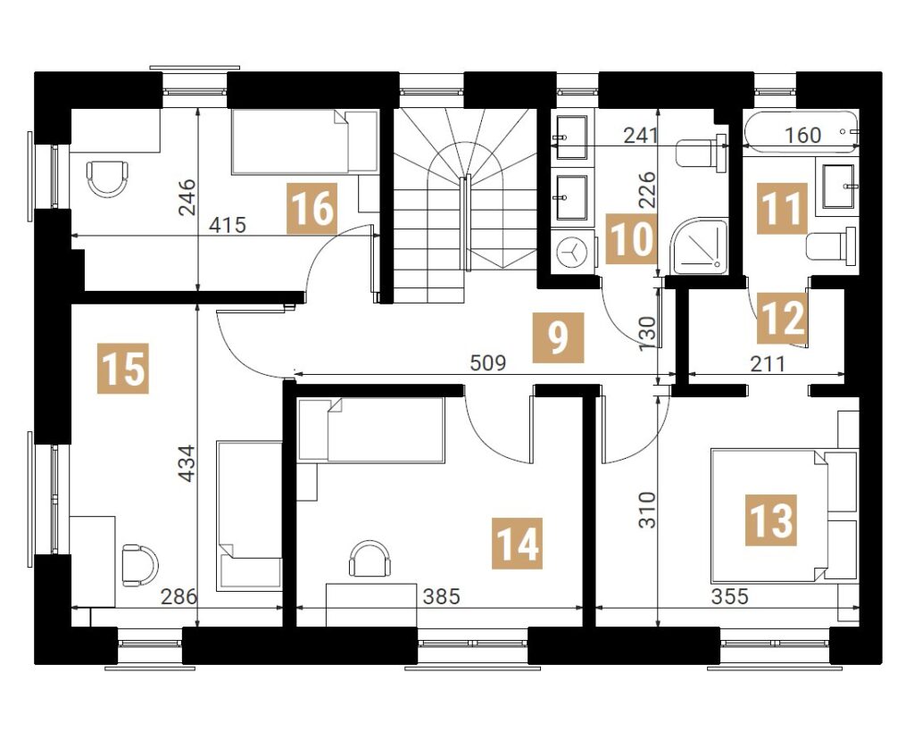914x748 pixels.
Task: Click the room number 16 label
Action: (x=312, y=208)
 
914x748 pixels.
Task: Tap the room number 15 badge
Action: (x=123, y=369)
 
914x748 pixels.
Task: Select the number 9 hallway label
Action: (x=558, y=338)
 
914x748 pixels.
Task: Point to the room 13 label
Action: (x=770, y=520)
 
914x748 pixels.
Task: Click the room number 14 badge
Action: (x=517, y=544)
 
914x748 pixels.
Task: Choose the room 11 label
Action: (x=782, y=208)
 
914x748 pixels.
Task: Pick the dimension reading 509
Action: (x=488, y=364)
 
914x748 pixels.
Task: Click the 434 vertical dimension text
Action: (x=187, y=464)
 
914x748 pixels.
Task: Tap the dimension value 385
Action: (x=441, y=596)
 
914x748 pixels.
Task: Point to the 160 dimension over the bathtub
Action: (x=802, y=136)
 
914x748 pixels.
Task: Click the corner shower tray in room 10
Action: (x=698, y=246)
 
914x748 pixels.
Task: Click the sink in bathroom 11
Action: (x=837, y=186)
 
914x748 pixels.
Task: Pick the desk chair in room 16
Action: (x=107, y=178)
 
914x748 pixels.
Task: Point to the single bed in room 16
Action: (x=305, y=142)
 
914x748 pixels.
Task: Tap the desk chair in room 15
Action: (x=140, y=565)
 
